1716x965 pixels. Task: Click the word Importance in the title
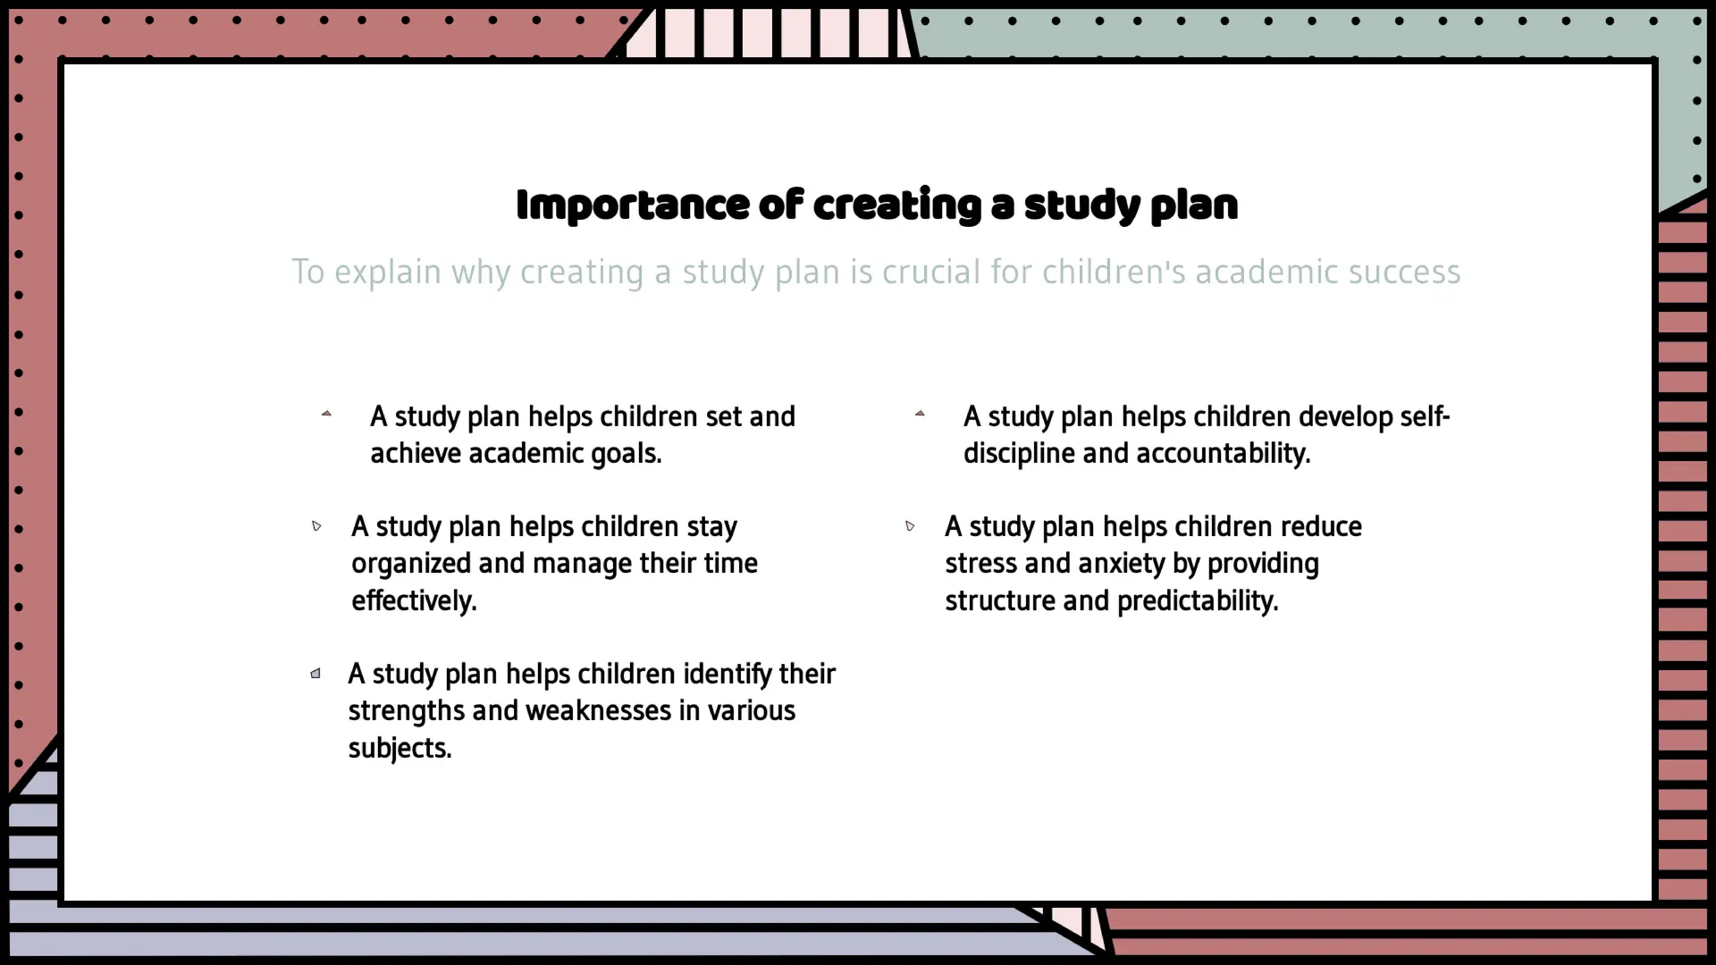point(633,205)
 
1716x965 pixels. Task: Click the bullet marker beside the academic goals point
point(326,413)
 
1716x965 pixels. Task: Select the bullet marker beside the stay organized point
point(316,525)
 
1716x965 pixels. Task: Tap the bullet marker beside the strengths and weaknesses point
point(315,673)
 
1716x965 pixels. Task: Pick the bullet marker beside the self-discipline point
point(920,413)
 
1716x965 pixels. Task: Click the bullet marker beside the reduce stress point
point(910,525)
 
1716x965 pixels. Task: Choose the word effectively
point(414,600)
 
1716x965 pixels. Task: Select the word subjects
point(400,748)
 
